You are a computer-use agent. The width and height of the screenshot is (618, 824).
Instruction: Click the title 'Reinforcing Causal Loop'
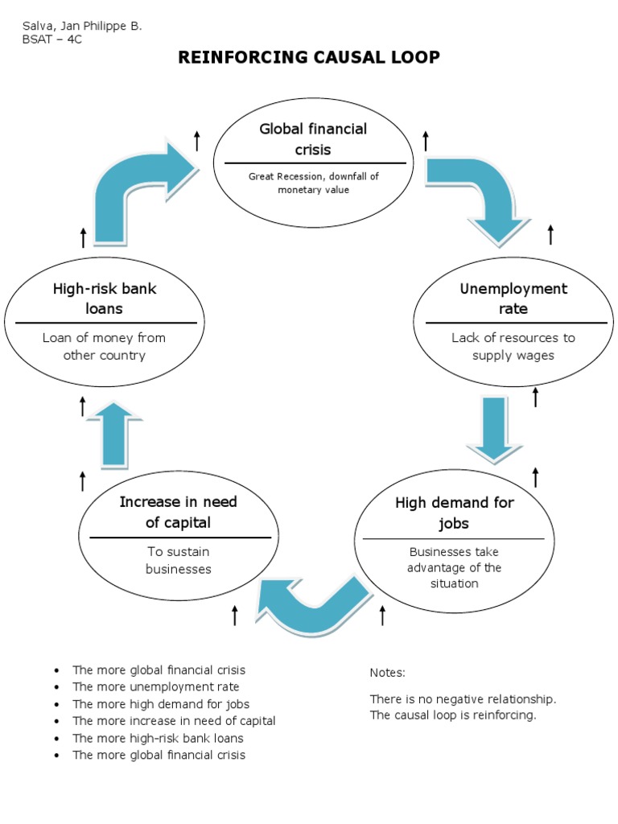[309, 57]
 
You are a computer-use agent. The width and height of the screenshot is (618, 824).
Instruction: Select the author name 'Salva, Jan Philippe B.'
[82, 26]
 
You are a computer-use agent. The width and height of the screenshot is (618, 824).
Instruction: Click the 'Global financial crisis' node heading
[312, 139]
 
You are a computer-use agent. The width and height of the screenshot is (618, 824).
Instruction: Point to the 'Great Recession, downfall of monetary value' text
[313, 183]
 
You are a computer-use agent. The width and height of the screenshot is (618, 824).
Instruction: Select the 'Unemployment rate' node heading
[513, 299]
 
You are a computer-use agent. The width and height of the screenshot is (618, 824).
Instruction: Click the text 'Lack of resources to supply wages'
[513, 347]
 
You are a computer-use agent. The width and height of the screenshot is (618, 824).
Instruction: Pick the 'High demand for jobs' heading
[454, 513]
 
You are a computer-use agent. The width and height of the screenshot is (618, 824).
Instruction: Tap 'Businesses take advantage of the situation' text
[454, 567]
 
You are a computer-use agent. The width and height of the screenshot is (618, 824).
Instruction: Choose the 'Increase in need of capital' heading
[178, 512]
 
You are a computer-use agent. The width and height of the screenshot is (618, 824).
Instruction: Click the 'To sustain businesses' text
[178, 561]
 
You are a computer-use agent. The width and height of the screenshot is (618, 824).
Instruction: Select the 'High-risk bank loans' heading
[104, 299]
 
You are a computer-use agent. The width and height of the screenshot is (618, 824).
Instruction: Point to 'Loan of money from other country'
[104, 347]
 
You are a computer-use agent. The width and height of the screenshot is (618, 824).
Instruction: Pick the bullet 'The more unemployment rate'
[155, 687]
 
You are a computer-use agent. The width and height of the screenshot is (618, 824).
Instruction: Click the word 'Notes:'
[388, 673]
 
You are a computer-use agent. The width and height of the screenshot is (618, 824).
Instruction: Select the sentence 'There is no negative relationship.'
[463, 698]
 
